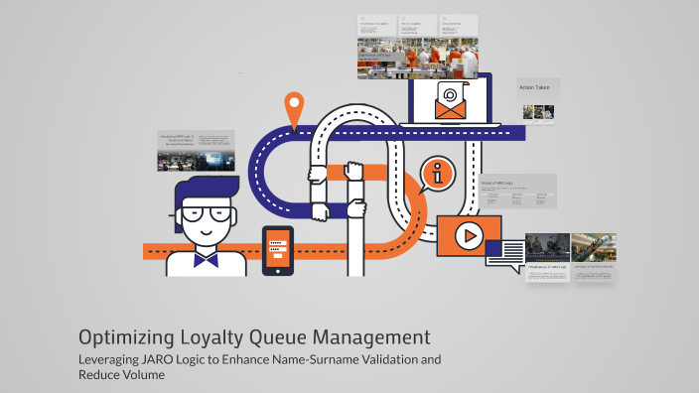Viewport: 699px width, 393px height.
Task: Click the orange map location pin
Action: (x=293, y=107)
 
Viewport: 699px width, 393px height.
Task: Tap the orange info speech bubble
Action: (x=437, y=175)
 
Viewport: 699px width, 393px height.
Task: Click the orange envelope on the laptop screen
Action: (x=450, y=102)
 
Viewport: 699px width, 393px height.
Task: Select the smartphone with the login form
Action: (x=278, y=251)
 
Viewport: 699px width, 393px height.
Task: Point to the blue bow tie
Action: (x=206, y=261)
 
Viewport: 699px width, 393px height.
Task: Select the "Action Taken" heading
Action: (x=534, y=88)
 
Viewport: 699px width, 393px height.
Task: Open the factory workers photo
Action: (x=418, y=58)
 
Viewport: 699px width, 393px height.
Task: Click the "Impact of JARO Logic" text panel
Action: (x=517, y=191)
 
